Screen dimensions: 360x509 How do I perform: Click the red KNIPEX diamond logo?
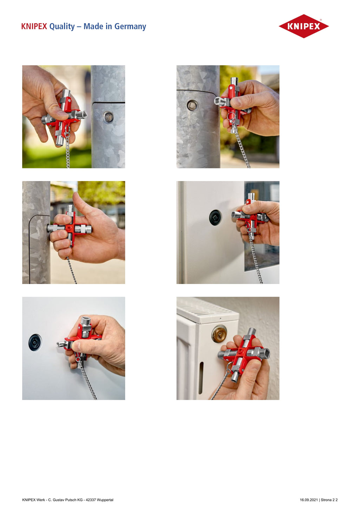click(x=304, y=26)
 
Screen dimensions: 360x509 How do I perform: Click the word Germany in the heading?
click(x=130, y=26)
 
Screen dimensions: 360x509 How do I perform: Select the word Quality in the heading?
click(x=62, y=27)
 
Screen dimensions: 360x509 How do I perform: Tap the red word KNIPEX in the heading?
click(x=34, y=26)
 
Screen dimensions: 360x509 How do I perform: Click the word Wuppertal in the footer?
click(x=106, y=500)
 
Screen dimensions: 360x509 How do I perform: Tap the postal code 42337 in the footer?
click(x=91, y=500)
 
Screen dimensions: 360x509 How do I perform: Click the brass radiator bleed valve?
click(x=219, y=334)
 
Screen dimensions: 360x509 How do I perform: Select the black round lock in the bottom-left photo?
click(x=35, y=342)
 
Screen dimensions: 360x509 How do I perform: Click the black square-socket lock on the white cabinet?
click(x=215, y=218)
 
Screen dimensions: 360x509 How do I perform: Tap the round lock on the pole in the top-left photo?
click(x=108, y=117)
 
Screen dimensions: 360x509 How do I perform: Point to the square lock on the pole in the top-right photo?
click(x=192, y=105)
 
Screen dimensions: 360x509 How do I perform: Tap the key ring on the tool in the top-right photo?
click(x=231, y=116)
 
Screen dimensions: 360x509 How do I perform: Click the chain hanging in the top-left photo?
click(x=67, y=150)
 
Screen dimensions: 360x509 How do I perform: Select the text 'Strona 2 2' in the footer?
click(x=329, y=500)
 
